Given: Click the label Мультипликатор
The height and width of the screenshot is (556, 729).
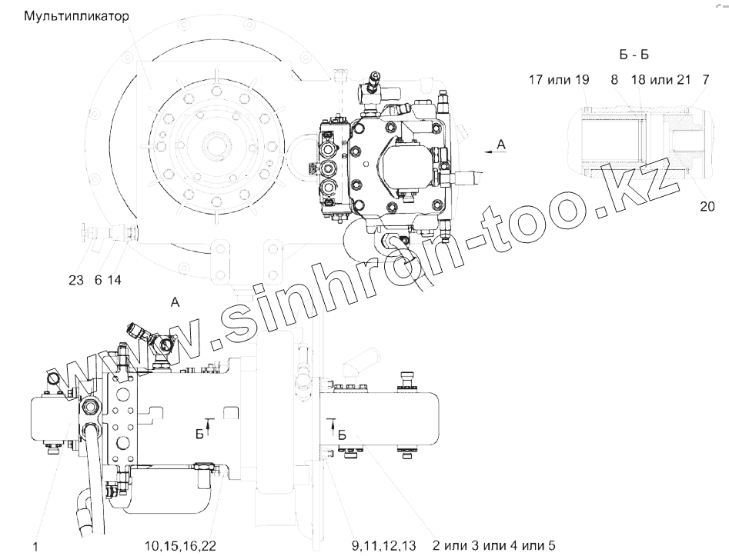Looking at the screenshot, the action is pyautogui.click(x=76, y=17).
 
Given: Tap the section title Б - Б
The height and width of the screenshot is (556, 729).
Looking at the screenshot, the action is pyautogui.click(x=634, y=55).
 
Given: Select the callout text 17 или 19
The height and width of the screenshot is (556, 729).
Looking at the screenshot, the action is pyautogui.click(x=559, y=80).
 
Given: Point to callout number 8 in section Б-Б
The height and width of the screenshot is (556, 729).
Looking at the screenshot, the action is pyautogui.click(x=614, y=80).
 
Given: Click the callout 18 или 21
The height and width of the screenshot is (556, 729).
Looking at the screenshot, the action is pyautogui.click(x=660, y=80).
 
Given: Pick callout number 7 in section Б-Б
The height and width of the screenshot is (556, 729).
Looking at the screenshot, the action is pyautogui.click(x=705, y=80).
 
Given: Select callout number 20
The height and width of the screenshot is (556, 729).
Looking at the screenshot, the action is pyautogui.click(x=707, y=206).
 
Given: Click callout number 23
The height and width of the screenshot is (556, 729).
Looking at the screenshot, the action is pyautogui.click(x=76, y=280).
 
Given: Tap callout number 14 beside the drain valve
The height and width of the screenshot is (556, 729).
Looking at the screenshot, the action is pyautogui.click(x=115, y=280).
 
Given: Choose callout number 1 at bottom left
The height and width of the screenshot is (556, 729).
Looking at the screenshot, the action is pyautogui.click(x=35, y=546).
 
